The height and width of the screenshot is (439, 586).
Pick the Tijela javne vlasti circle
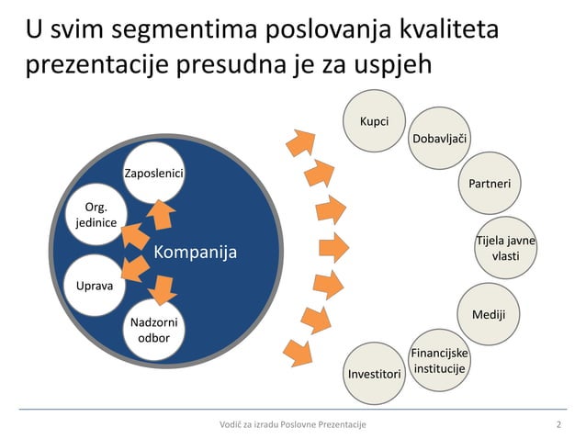505,248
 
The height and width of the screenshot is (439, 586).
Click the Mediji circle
488,315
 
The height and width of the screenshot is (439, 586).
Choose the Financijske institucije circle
438,361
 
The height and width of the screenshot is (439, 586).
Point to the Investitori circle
374,375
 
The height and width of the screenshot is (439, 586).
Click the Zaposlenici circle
153,174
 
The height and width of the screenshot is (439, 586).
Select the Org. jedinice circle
95,214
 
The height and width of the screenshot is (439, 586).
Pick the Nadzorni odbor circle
153,331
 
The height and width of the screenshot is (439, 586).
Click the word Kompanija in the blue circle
194,252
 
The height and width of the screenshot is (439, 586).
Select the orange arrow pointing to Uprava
133,268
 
